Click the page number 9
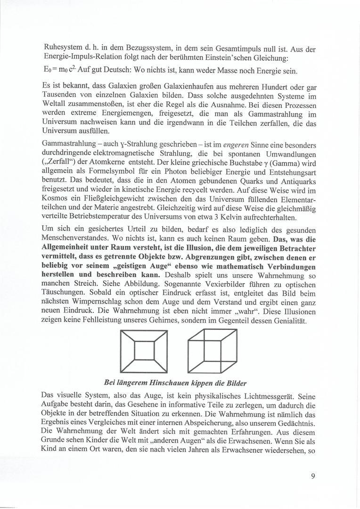pyautogui.click(x=313, y=476)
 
